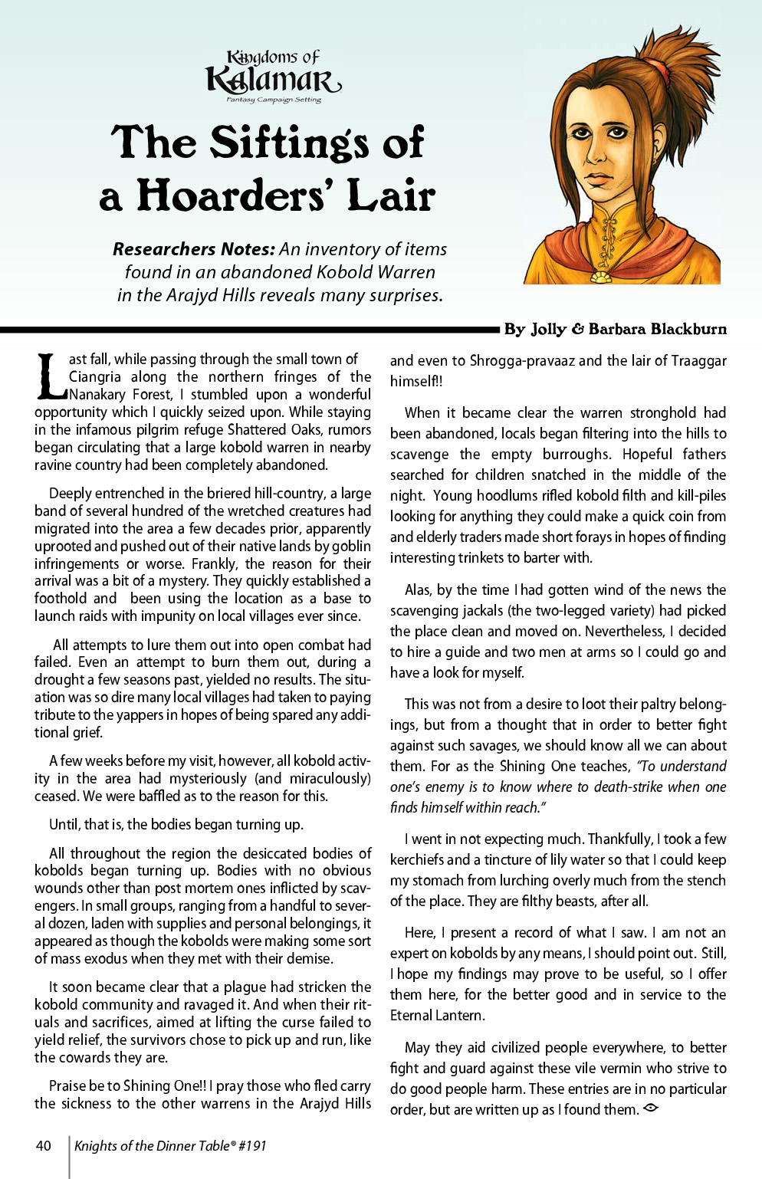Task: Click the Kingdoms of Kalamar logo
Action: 273,76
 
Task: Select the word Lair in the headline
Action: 391,195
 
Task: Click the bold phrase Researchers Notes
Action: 193,249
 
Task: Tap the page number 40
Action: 44,1145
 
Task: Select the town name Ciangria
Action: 95,377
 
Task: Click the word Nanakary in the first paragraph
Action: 98,395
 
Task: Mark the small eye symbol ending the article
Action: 651,1108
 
